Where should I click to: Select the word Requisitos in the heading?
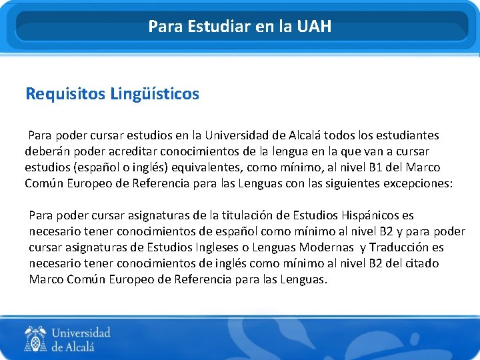pyautogui.click(x=65, y=94)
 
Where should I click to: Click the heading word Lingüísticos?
pyautogui.click(x=155, y=94)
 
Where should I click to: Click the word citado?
pyautogui.click(x=421, y=263)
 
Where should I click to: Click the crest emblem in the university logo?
pyautogui.click(x=35, y=339)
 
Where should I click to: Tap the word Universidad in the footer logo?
pyautogui.click(x=81, y=333)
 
